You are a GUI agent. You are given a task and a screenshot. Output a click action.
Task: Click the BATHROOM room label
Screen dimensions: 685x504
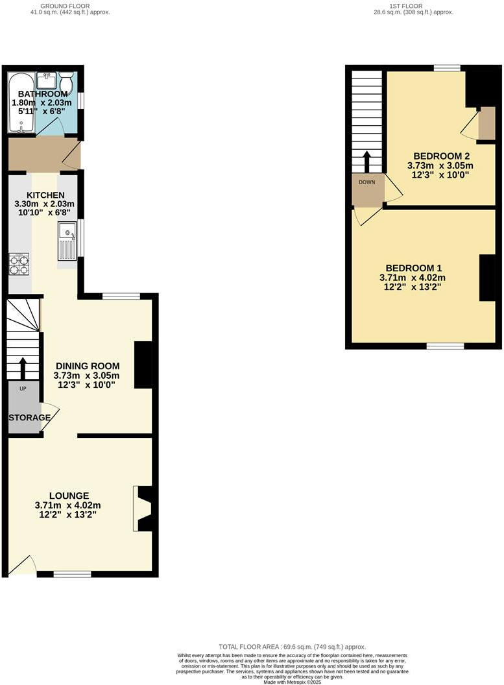[42, 94]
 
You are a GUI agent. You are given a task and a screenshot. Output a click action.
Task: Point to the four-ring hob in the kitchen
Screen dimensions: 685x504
[19, 263]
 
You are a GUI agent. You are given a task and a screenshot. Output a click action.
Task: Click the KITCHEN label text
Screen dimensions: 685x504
[45, 195]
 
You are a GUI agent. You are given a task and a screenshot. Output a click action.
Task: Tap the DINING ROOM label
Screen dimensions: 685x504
[86, 367]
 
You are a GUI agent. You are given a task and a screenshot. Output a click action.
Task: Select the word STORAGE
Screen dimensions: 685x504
[29, 418]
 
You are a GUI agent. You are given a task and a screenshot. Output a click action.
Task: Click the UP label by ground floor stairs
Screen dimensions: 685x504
[23, 389]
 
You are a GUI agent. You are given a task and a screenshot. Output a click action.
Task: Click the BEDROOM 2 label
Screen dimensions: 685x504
[441, 156]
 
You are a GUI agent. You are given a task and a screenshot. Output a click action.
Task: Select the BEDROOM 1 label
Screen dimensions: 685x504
[413, 268]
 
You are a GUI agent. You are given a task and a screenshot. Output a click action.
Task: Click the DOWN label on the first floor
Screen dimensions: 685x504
[366, 182]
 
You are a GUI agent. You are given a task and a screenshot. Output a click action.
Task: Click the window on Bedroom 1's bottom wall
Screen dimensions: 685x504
[445, 346]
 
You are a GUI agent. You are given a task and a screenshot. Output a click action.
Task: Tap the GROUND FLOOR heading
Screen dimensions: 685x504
[69, 5]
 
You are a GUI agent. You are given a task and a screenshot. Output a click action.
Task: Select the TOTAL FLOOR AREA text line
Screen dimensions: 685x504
[292, 647]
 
